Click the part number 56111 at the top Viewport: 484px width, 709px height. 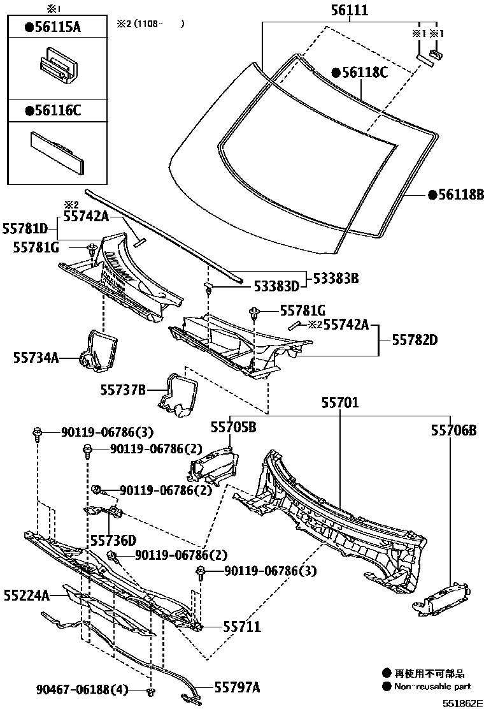click(350, 10)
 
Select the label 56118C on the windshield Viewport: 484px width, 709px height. click(359, 73)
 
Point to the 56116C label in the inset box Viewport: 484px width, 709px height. click(53, 110)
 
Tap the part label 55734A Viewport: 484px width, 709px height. click(36, 358)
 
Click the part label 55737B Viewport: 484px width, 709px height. click(123, 388)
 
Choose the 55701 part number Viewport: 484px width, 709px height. click(339, 403)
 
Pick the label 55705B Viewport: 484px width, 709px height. click(233, 427)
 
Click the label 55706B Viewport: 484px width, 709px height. click(453, 430)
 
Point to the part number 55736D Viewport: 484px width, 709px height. click(113, 540)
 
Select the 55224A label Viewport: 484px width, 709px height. click(26, 596)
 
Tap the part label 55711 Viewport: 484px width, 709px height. click(241, 626)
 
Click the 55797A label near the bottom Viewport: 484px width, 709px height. click(237, 687)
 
